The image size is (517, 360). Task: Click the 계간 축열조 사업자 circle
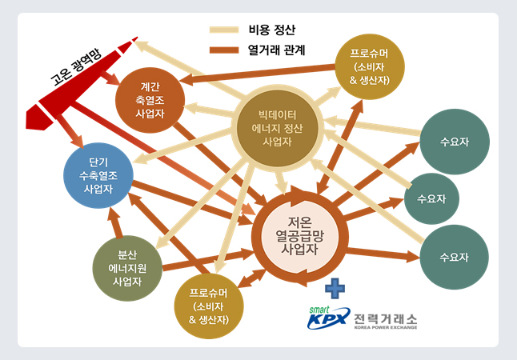150,100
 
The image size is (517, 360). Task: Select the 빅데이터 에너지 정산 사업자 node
277,128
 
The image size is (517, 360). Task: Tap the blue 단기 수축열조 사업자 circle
98,175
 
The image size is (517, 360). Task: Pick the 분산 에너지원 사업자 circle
127,268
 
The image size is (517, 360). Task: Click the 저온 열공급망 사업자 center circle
299,236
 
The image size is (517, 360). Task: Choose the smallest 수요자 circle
431,198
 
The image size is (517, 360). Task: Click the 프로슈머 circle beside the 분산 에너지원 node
209,306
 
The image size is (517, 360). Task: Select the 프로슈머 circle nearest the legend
370,66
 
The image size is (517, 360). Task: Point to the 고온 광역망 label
77,67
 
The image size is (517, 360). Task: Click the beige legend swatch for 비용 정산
224,30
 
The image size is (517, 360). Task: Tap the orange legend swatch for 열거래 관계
224,50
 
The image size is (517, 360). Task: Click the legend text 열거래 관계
276,50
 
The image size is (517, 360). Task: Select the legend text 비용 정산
271,30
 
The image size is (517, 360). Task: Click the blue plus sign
335,289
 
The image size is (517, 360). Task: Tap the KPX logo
328,318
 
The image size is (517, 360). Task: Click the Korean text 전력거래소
386,318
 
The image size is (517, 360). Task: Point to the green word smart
319,310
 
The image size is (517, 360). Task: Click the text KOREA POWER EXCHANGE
386,327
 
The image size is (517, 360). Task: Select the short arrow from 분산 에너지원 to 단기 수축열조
115,223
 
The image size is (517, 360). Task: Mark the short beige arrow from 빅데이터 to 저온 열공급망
281,182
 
